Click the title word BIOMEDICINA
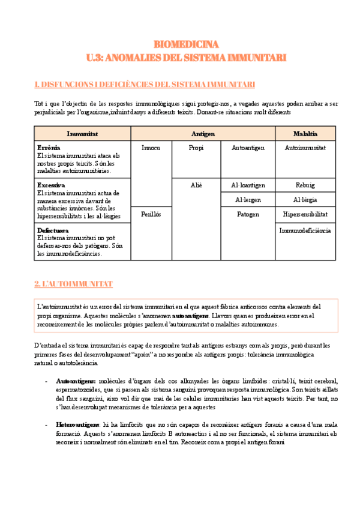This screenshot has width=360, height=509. coord(186,44)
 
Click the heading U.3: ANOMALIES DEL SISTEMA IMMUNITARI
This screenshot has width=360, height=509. coord(186,58)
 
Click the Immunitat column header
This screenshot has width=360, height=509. coord(82,133)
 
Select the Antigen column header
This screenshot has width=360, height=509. coord(203,133)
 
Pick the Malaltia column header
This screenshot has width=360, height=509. coord(305,133)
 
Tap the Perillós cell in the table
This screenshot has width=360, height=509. coord(151,214)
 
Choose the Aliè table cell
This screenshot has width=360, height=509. coord(196,185)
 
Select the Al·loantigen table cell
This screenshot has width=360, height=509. coord(248,185)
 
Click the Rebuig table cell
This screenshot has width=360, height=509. coord(305,185)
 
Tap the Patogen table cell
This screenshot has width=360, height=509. coord(248,214)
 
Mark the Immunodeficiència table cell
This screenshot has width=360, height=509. coord(305,230)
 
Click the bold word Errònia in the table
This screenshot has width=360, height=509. coord(49,147)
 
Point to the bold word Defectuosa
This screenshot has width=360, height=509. coord(53,230)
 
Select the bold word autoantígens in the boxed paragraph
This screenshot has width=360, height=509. coord(191,315)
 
